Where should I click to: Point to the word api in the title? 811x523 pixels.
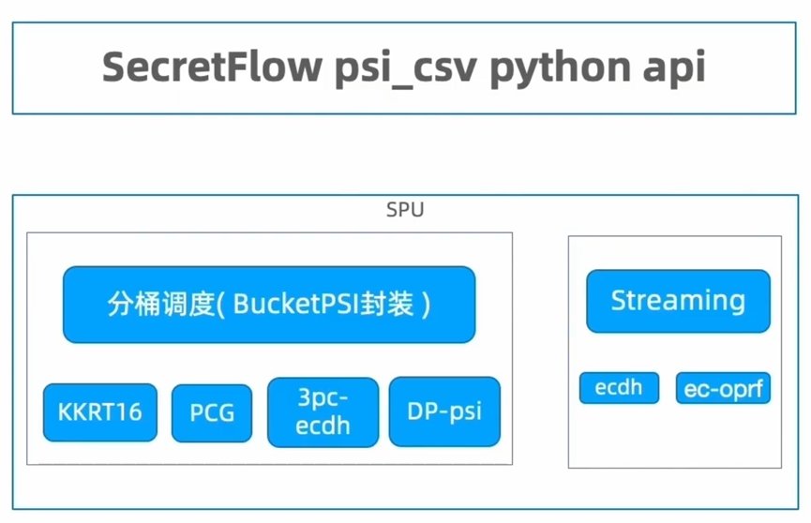click(x=671, y=68)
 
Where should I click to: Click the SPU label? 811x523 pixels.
click(x=405, y=210)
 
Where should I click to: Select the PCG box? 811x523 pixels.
click(x=212, y=412)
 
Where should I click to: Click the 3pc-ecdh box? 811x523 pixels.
click(x=323, y=411)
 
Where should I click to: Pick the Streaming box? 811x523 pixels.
click(x=678, y=301)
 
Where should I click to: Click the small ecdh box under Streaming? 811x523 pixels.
click(x=619, y=387)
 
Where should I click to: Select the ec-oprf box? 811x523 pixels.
click(x=723, y=388)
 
